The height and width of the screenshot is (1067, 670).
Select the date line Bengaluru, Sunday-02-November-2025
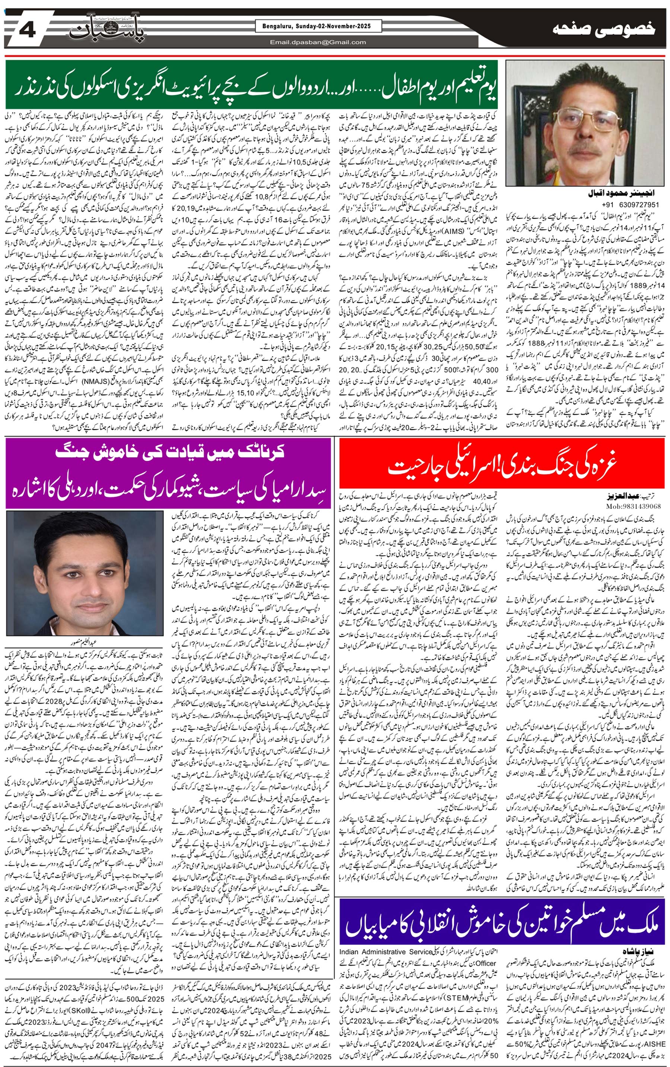(318, 26)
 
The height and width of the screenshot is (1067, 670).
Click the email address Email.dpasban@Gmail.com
(318, 42)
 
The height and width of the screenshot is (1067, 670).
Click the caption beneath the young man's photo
(84, 641)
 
